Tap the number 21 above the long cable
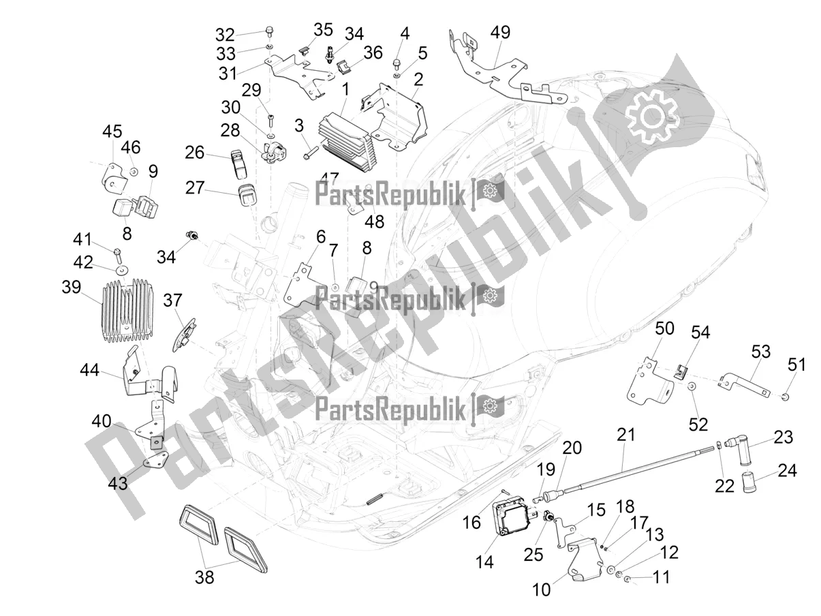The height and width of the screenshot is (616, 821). click(x=626, y=434)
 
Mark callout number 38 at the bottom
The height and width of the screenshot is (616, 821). click(x=204, y=577)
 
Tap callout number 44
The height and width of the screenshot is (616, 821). click(x=89, y=371)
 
